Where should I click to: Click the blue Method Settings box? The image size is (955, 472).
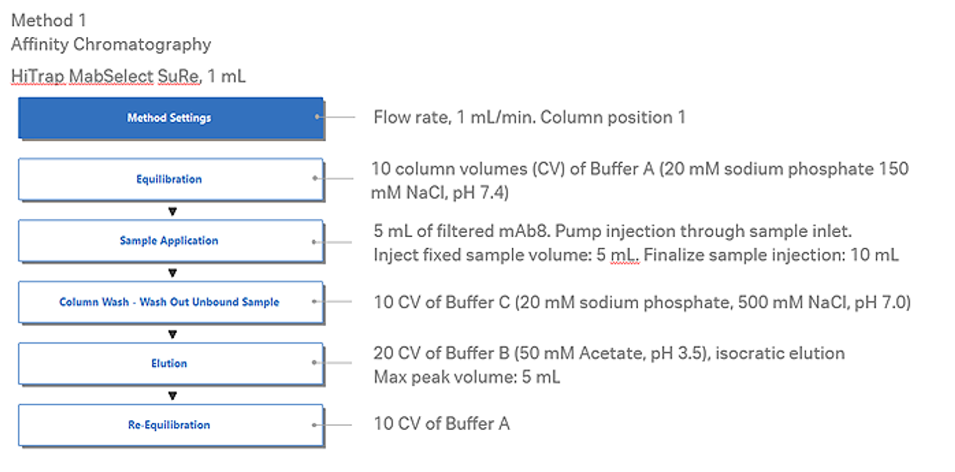pos(170,118)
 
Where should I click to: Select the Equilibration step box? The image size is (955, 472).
pos(170,179)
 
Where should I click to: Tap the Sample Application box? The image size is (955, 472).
pos(170,241)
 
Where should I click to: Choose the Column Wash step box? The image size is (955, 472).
pos(170,302)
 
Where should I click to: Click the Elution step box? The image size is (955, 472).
pos(170,364)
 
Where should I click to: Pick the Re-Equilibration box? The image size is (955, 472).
pos(170,425)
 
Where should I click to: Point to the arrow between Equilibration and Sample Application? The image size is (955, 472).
pos(173,211)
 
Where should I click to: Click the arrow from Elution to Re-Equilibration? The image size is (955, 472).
pos(173,396)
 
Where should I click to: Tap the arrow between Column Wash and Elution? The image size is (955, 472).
pos(173,334)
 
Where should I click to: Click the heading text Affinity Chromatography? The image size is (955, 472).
pos(111,44)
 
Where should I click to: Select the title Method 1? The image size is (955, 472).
pos(49,20)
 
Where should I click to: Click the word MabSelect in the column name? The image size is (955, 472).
pos(111,76)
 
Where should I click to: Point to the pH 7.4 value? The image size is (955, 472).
pos(482,192)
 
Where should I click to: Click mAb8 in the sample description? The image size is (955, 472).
pos(523,231)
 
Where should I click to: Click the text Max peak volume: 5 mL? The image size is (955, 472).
pos(467,377)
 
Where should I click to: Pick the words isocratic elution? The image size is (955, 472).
pos(780,353)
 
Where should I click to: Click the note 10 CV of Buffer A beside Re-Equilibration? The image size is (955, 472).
pos(442,424)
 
